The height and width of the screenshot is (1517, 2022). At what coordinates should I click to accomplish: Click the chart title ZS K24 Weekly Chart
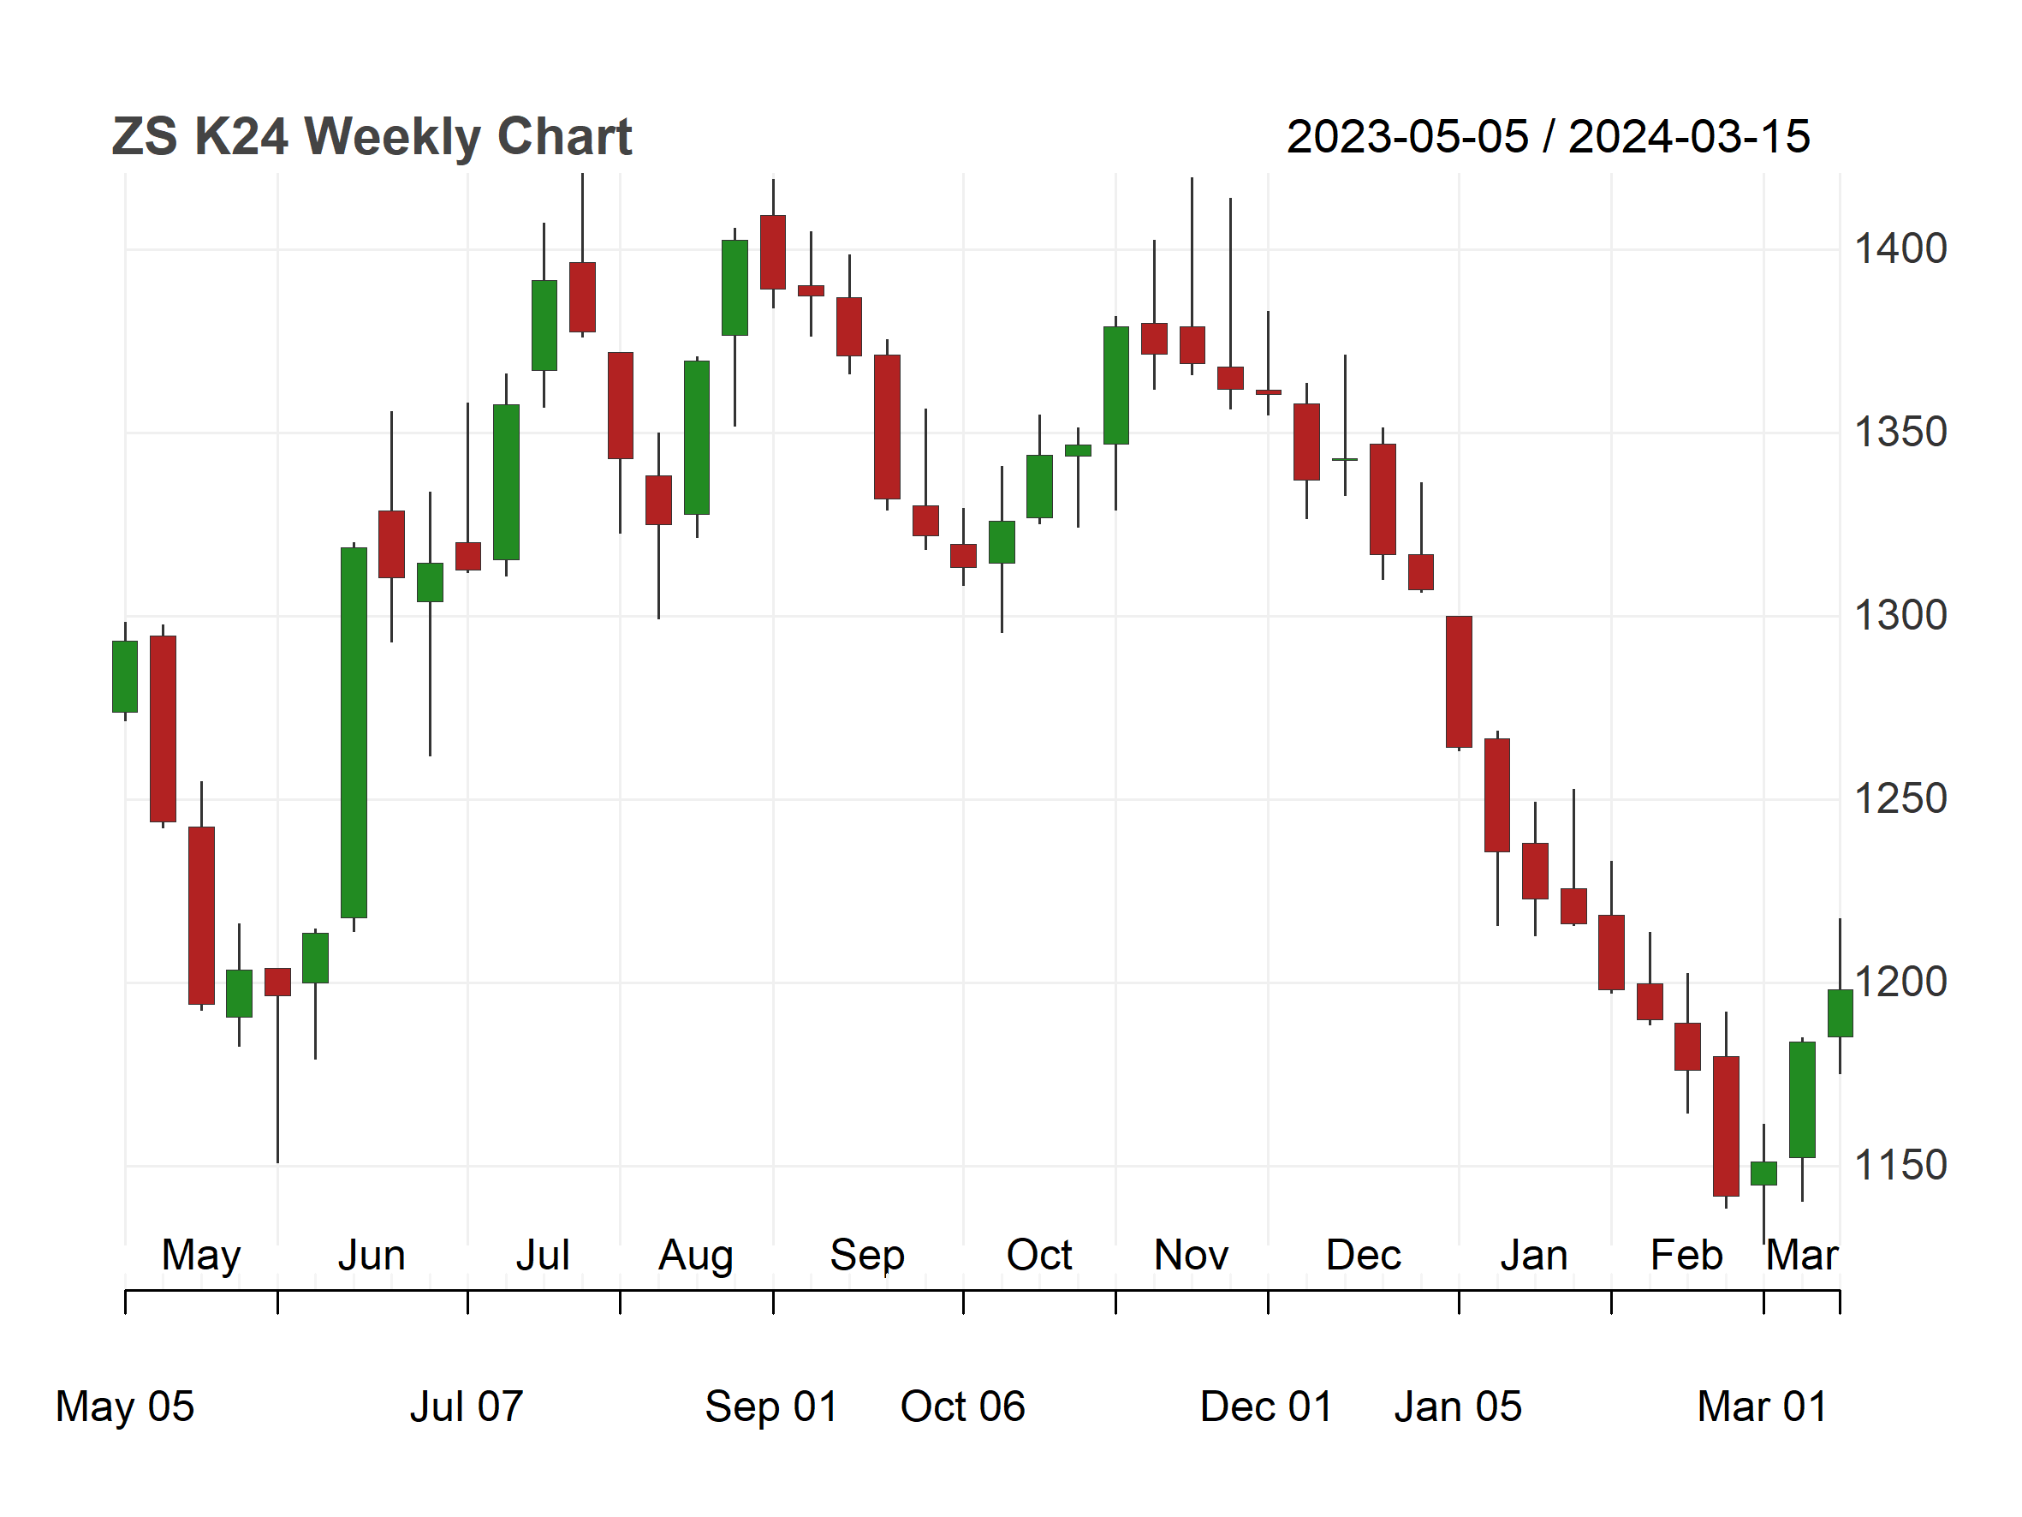[x=372, y=137]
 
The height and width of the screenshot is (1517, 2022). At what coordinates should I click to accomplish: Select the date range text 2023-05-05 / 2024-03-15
[x=1548, y=137]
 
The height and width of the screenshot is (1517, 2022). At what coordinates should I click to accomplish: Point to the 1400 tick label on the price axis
[x=1900, y=248]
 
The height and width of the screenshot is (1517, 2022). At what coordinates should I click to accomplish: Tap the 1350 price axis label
[x=1900, y=433]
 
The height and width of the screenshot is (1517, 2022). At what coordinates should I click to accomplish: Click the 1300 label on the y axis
[x=1900, y=615]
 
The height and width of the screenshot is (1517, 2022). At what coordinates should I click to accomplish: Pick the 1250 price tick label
[x=1900, y=799]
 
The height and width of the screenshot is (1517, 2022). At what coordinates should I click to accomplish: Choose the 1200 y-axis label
[x=1900, y=982]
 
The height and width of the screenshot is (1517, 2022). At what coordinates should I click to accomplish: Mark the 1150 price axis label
[x=1900, y=1166]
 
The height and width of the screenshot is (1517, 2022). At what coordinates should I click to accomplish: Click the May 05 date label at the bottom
[x=125, y=1407]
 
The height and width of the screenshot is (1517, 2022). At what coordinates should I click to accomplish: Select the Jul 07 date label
[x=467, y=1407]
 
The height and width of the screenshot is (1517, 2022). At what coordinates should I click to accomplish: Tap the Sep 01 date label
[x=772, y=1407]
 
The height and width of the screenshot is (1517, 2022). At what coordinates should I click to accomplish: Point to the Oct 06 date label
[x=963, y=1407]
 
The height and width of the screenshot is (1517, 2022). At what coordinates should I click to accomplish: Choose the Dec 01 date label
[x=1267, y=1407]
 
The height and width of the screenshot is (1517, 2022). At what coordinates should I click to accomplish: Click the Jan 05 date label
[x=1459, y=1407]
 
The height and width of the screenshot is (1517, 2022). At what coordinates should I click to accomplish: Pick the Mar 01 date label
[x=1763, y=1407]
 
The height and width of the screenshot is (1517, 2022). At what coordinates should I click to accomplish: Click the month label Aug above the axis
[x=697, y=1257]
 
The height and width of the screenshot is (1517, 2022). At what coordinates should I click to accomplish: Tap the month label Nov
[x=1191, y=1256]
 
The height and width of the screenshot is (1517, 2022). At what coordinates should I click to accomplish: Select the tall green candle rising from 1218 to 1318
[x=354, y=732]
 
